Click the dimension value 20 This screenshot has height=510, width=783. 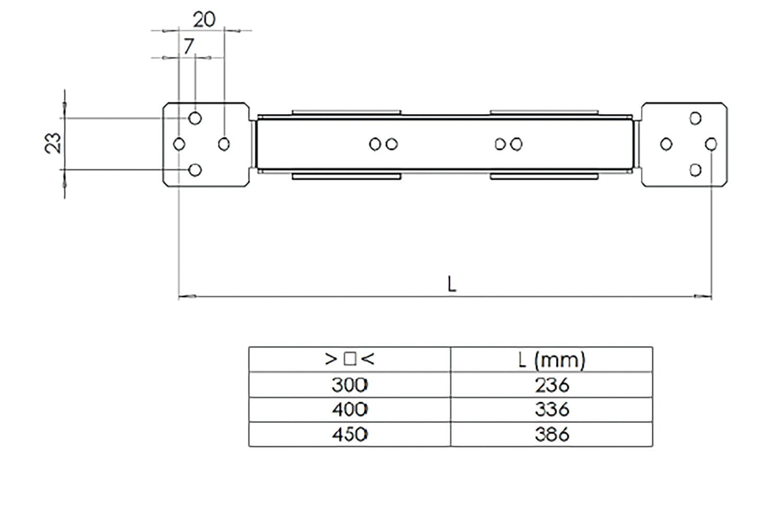204,20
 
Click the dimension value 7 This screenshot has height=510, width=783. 188,46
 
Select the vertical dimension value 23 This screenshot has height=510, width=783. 53,143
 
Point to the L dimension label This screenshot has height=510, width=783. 452,284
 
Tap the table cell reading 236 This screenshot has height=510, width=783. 552,385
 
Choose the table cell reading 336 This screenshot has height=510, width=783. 552,410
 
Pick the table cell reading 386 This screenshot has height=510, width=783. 552,434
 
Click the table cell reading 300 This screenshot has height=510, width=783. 349,385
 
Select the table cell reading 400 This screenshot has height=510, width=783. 349,410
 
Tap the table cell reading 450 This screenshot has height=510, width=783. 349,434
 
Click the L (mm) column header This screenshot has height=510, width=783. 552,360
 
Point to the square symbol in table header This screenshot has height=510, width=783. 350,359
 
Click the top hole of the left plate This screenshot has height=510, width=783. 195,118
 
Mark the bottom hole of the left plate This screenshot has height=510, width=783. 195,170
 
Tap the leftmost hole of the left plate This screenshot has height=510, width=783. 179,144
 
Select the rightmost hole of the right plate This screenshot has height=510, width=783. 711,144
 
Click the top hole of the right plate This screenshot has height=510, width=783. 695,118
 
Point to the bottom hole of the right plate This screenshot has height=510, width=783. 695,170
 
